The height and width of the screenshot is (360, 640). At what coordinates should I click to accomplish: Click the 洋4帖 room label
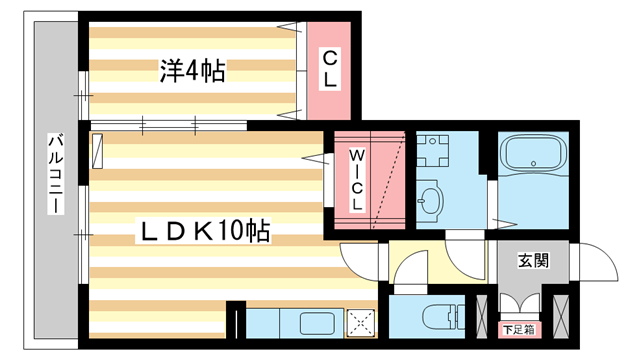coord(191,70)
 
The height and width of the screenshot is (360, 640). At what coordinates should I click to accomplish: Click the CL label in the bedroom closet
coord(329,68)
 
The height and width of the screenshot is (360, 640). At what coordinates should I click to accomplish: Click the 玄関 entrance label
coord(532,261)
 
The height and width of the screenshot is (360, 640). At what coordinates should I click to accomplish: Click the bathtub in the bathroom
coord(537,155)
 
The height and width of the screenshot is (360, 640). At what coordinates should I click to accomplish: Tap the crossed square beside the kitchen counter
coord(361,321)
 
